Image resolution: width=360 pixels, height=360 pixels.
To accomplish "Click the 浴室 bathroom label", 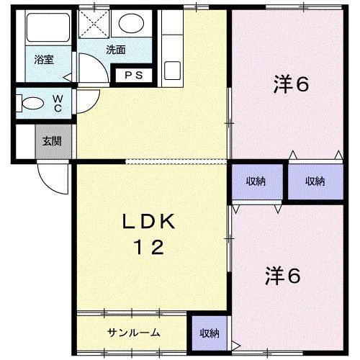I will pos(44,60).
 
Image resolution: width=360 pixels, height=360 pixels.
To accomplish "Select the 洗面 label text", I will pos(115,50).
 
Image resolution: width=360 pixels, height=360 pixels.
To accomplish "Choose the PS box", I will pos(133,75).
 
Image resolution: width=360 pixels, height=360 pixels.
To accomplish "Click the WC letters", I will pos(58,103).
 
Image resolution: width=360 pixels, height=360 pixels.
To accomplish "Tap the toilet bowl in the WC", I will pos(30,102).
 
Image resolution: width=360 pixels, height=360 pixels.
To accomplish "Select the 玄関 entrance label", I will pos(51,141).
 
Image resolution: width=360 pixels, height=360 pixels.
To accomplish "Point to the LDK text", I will pos(151,221).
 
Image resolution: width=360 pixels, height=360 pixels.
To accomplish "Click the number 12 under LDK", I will pos(150,247).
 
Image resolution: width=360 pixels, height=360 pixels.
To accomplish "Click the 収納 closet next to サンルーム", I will pos(209,333).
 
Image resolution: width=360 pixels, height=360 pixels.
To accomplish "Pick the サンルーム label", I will pos(133,333).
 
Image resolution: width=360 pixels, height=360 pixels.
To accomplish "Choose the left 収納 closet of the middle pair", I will pos(256,181).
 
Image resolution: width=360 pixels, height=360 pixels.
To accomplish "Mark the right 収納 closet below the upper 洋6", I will pos(315,181).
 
